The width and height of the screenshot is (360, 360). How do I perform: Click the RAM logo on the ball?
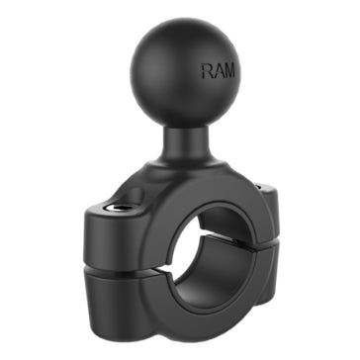click(220, 71)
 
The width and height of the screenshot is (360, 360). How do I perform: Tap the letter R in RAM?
click(208, 71)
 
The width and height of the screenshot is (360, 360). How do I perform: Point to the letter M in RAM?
click(231, 71)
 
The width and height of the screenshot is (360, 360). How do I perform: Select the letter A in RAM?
click(220, 71)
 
